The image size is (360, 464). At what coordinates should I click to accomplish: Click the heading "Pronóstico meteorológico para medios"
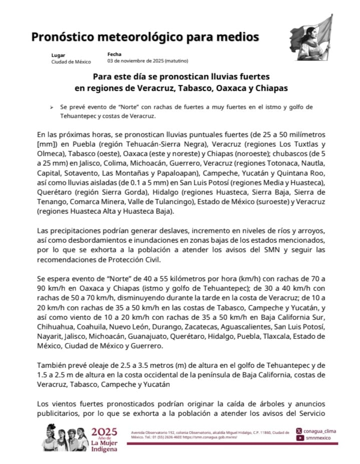(145, 37)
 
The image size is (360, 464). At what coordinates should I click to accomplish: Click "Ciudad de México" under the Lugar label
(71, 62)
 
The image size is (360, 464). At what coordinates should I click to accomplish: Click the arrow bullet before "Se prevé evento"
(52, 108)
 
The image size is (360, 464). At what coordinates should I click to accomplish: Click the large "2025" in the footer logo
(105, 431)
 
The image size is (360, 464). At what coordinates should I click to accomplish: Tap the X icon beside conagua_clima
(299, 431)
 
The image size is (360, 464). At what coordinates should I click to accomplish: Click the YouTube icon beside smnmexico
(299, 438)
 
